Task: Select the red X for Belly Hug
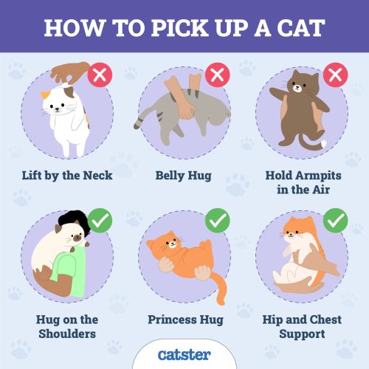point(216,75)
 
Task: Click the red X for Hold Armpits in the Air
point(336,75)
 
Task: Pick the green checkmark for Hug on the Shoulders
point(100,219)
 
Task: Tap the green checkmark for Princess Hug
point(216,219)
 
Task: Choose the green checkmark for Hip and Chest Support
point(336,219)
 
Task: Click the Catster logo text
point(184,355)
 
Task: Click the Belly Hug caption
point(184,176)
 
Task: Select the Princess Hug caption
point(184,320)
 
